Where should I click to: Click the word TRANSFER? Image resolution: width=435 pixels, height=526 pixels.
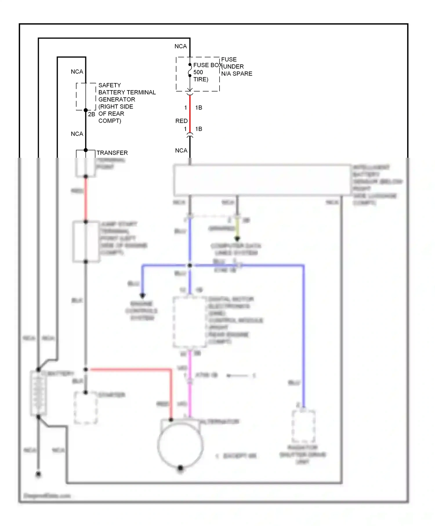112,153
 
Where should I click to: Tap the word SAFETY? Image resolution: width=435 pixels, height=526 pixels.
110,85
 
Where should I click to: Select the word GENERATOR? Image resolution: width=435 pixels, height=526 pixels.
117,99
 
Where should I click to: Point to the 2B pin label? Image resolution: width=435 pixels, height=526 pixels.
92,115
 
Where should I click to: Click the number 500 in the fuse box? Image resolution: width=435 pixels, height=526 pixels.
198,72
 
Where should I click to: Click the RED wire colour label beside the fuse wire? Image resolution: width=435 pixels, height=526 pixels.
182,121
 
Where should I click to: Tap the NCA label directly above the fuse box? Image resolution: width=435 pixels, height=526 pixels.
181,46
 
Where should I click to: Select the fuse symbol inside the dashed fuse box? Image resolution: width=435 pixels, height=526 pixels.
190,70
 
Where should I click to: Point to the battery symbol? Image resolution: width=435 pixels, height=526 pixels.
38,393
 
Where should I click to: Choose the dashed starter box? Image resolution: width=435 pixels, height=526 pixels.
86,408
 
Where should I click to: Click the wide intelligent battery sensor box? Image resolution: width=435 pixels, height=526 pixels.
262,180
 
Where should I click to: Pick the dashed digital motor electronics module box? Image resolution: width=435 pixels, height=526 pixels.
190,322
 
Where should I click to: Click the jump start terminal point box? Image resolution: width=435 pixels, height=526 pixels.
86,242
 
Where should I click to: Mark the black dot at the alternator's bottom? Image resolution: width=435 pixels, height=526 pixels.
180,468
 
